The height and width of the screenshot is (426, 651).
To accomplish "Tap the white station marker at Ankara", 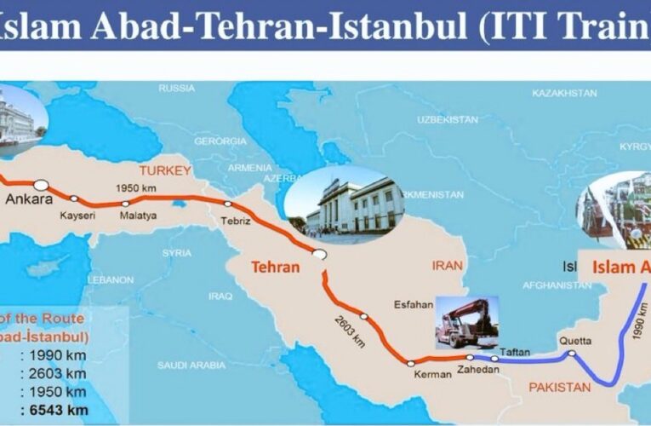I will (x=41, y=183).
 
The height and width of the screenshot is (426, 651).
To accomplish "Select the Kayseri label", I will (x=77, y=216).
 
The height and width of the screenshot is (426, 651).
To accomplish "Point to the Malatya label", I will (x=138, y=216).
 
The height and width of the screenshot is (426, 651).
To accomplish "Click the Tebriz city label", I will (x=236, y=221).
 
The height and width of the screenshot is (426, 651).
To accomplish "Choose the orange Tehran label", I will (x=275, y=267).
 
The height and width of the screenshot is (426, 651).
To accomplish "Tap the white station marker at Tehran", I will (x=319, y=254).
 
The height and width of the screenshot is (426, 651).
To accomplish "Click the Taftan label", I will (x=515, y=351).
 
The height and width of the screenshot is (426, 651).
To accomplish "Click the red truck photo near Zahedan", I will (x=465, y=324).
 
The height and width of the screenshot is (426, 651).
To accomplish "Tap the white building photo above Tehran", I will (x=345, y=204).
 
